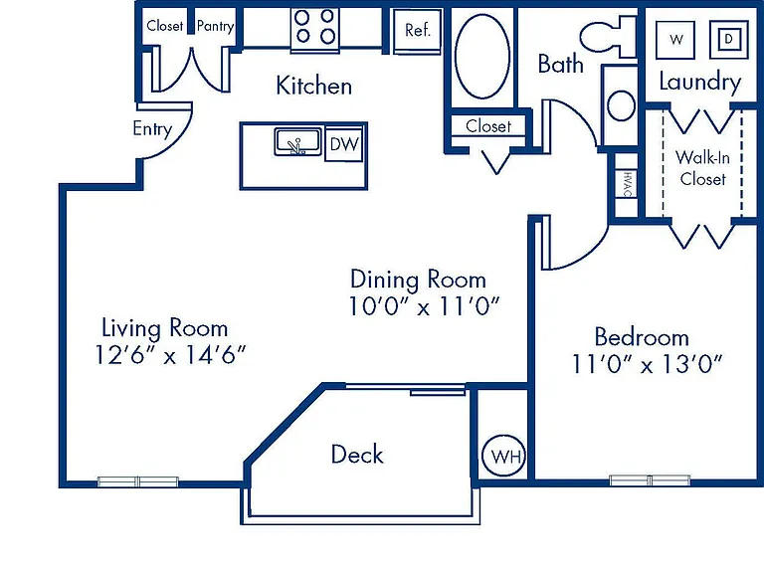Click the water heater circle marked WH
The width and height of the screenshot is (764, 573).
pyautogui.click(x=503, y=456)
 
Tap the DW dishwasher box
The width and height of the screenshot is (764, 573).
pyautogui.click(x=344, y=144)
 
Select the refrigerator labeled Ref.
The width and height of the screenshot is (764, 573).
pyautogui.click(x=418, y=30)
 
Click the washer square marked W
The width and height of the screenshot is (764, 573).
pyautogui.click(x=675, y=40)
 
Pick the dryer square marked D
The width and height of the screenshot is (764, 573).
pyautogui.click(x=729, y=39)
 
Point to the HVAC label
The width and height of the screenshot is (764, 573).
pyautogui.click(x=627, y=183)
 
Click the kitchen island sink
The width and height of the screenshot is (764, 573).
pyautogui.click(x=297, y=142)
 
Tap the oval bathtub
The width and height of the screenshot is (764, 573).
pyautogui.click(x=482, y=56)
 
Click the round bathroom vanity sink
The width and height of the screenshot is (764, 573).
pyautogui.click(x=621, y=105)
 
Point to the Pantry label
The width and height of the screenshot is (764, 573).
pyautogui.click(x=215, y=26)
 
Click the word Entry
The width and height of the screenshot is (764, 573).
pyautogui.click(x=152, y=129)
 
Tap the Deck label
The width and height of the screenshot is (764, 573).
pyautogui.click(x=357, y=454)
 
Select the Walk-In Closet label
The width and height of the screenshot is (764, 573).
pyautogui.click(x=702, y=168)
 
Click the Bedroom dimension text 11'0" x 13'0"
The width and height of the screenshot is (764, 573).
pyautogui.click(x=646, y=363)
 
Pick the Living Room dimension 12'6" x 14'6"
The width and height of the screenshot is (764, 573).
pyautogui.click(x=169, y=355)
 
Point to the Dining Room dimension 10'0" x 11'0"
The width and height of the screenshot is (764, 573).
pyautogui.click(x=424, y=306)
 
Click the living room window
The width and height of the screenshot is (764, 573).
pyautogui.click(x=138, y=481)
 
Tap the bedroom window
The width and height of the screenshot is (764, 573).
pyautogui.click(x=650, y=480)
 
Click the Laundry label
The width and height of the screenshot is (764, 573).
pyautogui.click(x=699, y=82)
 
